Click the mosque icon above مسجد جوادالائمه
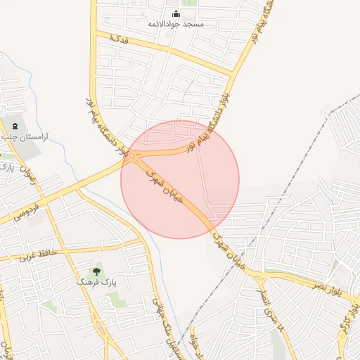pos(176,13)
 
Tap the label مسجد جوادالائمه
pos(176,24)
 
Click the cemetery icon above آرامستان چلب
pos(15,127)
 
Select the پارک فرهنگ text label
pos(96,281)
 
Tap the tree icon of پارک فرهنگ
pos(96,271)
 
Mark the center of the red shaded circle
pos(180,179)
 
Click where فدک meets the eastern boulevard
pos(232,73)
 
